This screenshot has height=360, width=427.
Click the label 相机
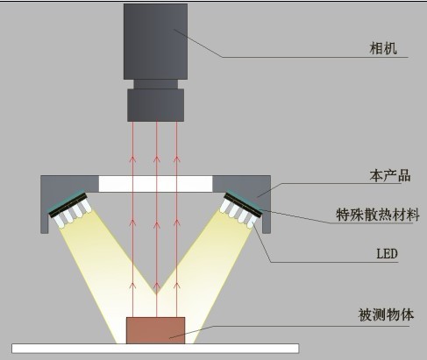383,48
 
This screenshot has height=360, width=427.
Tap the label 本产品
390,176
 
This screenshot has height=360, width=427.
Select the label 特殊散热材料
378,215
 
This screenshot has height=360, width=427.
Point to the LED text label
387,253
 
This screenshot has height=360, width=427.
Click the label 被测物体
386,314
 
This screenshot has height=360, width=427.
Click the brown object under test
155,330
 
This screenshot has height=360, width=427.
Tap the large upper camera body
155,41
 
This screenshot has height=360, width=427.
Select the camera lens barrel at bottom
155,105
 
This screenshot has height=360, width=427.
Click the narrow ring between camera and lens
156,84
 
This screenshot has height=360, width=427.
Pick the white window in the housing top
155,184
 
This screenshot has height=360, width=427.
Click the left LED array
70,209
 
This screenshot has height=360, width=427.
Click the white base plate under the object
155,349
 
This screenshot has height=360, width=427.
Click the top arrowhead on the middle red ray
157,159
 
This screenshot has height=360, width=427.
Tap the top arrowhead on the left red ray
133,159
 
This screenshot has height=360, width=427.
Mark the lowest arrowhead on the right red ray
176,286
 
